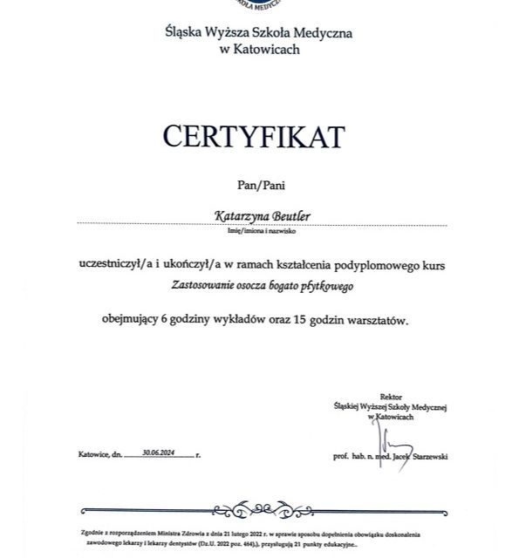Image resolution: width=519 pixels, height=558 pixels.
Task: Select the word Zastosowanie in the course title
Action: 206,284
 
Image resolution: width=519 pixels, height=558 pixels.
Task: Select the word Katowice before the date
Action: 92,455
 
